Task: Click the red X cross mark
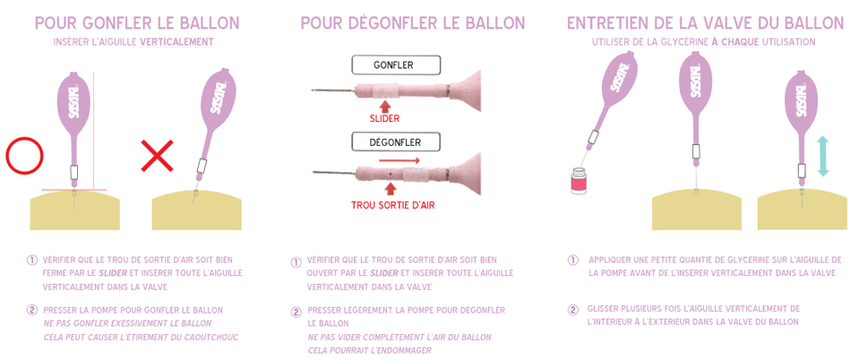(x=157, y=156)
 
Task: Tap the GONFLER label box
(x=394, y=65)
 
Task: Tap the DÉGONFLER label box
(x=394, y=142)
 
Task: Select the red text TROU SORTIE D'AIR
(x=389, y=207)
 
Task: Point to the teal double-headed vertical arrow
(x=822, y=156)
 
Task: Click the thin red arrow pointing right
(x=399, y=160)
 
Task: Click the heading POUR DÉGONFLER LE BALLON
(x=413, y=22)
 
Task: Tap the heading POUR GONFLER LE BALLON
(x=137, y=22)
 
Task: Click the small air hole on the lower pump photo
(x=391, y=175)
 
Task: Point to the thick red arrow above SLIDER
(x=386, y=104)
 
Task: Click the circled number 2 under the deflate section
(x=297, y=312)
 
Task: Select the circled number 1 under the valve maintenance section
(x=573, y=261)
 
